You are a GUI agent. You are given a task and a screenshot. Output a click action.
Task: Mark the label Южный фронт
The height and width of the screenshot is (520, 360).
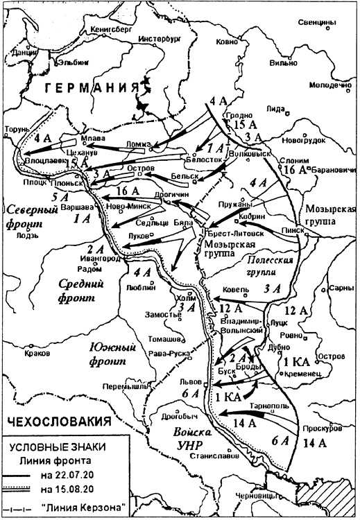(x=103, y=354)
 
